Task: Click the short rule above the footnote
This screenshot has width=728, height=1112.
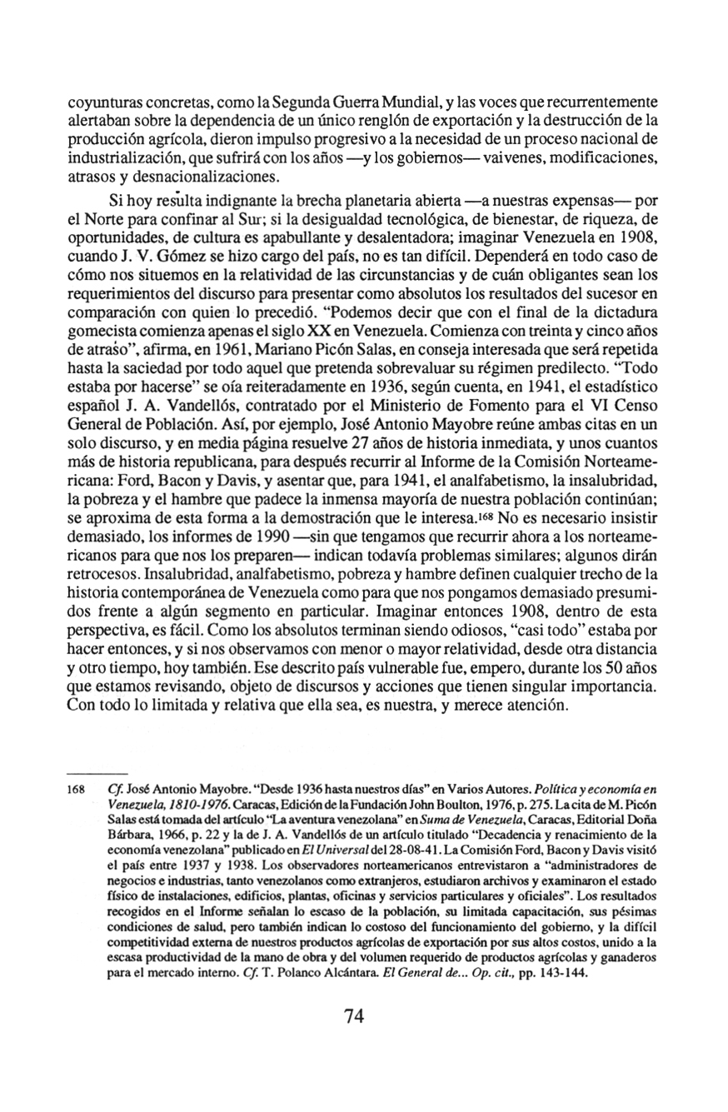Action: pyautogui.click(x=97, y=774)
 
